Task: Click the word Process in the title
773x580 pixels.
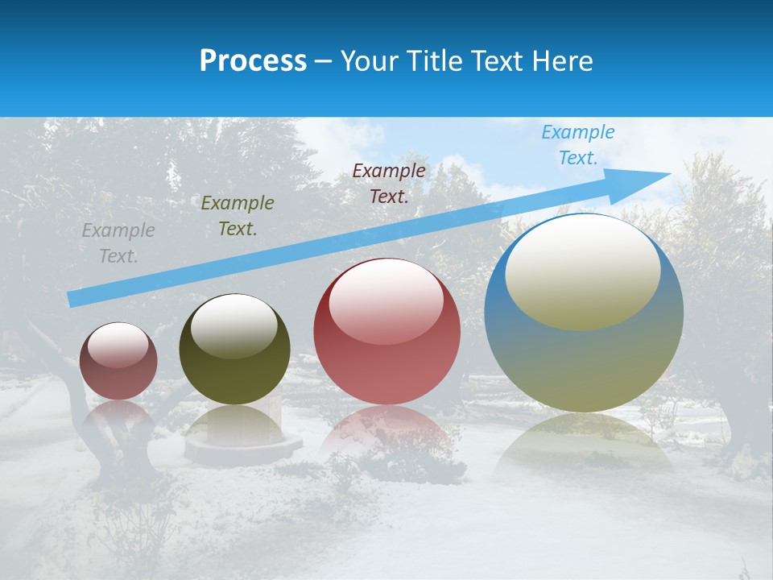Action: point(253,61)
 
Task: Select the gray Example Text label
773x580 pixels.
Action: point(118,243)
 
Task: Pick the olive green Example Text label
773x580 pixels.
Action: point(237,215)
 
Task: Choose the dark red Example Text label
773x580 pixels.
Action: point(389,183)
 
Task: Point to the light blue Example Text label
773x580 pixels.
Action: point(577,145)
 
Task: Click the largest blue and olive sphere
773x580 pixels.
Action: point(584,354)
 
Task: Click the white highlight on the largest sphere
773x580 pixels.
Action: point(583,270)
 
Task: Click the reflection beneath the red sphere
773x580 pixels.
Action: point(386,431)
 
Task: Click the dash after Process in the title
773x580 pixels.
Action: point(324,61)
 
